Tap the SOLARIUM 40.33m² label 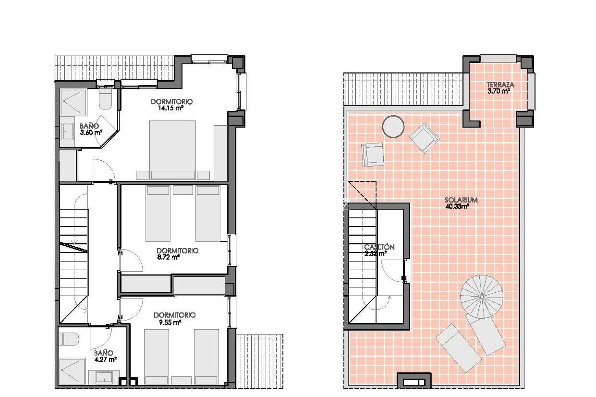tap(461, 203)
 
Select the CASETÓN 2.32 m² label tap(379, 250)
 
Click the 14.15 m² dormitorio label tap(171, 105)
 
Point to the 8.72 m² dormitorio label tap(177, 254)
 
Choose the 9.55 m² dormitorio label tap(174, 319)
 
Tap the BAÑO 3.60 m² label tap(90, 129)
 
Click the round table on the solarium tap(393, 126)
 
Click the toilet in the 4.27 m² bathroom tap(69, 339)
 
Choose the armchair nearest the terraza tap(424, 137)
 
